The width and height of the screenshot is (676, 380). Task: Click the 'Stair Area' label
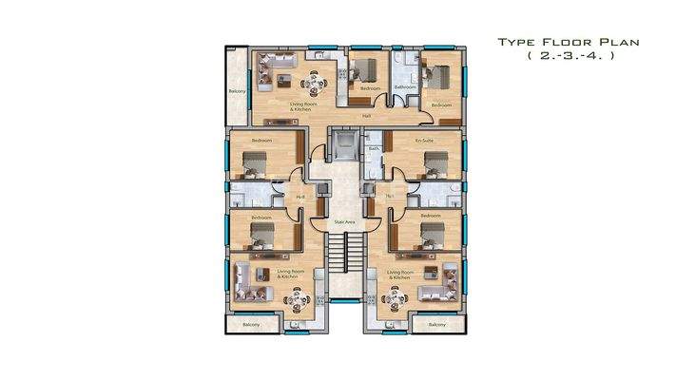[x=344, y=223]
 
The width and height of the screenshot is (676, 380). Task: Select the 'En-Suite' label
[x=424, y=141]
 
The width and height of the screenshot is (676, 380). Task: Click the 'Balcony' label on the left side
[x=238, y=91]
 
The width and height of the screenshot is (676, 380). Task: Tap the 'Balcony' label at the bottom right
[x=436, y=324]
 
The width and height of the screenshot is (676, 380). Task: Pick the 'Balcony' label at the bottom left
[x=251, y=324]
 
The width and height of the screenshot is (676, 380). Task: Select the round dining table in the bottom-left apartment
[x=298, y=302]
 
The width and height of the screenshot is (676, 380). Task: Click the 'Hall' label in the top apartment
[x=367, y=116]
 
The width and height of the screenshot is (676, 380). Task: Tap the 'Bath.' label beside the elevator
[x=374, y=150]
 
